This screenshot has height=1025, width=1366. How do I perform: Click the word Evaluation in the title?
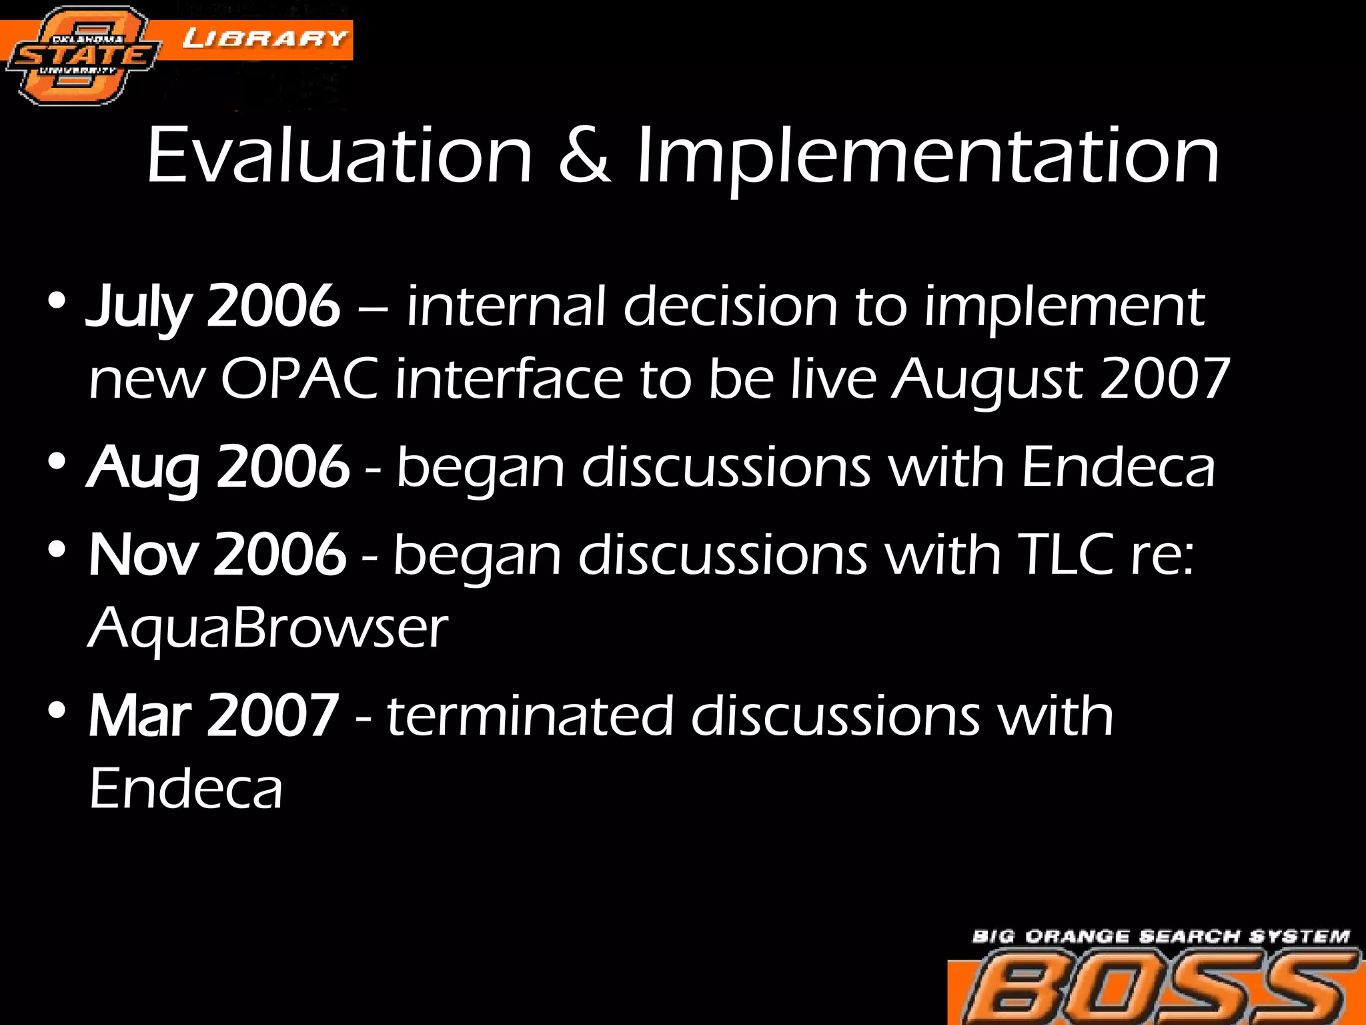[339, 157]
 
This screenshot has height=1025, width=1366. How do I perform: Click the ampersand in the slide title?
[584, 157]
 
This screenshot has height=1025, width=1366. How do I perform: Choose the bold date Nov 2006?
[217, 555]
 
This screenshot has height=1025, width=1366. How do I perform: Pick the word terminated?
[530, 716]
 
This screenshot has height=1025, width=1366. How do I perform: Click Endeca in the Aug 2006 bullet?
[1118, 468]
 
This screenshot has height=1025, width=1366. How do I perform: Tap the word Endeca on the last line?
[186, 789]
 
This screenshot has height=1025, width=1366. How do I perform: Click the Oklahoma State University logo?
[81, 56]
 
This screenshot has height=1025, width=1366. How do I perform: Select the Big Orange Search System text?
[1161, 936]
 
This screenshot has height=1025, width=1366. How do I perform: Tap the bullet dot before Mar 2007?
[57, 711]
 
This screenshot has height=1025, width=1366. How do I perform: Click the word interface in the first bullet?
[509, 379]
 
